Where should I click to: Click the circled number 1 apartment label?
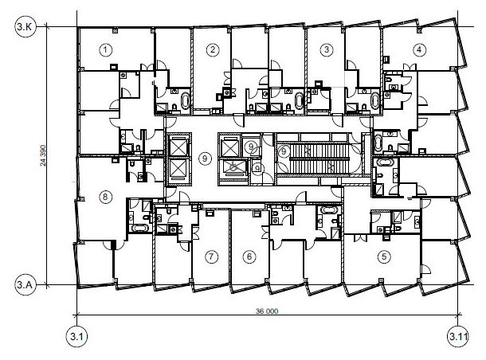(106, 49)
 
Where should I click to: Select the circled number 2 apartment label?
(212, 49)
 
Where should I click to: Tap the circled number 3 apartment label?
(327, 49)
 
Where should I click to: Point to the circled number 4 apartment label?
(419, 49)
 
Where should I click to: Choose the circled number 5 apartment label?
(384, 256)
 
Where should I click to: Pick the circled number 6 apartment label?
(249, 256)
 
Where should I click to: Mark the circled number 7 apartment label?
(211, 256)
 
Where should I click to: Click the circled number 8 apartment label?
(105, 197)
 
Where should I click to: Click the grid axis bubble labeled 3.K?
(25, 26)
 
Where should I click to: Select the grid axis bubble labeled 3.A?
(25, 284)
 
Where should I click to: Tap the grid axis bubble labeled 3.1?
(76, 336)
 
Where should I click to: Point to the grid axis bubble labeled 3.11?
(458, 336)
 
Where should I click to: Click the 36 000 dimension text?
(267, 311)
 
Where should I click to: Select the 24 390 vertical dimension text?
(43, 155)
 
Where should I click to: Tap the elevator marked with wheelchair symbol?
(233, 168)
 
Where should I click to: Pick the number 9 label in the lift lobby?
(205, 158)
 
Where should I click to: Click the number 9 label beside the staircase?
(283, 151)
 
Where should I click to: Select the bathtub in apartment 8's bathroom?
(140, 228)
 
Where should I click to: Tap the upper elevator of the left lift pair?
(178, 146)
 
